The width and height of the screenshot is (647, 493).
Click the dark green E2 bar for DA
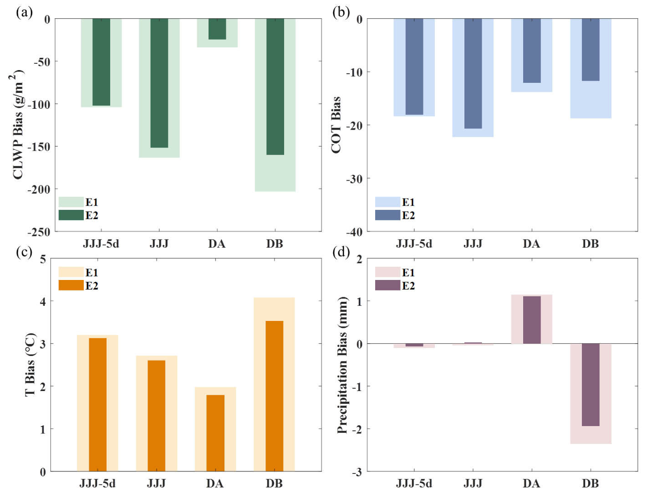pos(217,29)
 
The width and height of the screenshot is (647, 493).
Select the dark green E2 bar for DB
pos(275,86)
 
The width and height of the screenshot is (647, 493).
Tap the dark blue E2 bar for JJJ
pos(473,74)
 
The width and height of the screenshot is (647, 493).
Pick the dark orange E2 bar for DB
pos(274,396)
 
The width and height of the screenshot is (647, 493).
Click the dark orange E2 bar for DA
pos(215,433)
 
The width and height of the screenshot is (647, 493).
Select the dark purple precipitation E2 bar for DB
pos(591,385)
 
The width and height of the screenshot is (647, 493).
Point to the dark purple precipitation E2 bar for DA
pos(532,320)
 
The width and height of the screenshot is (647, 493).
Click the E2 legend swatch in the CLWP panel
pos(71,215)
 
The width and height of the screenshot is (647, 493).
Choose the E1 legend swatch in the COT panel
pos(387,202)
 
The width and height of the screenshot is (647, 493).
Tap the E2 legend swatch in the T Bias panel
pos(71,285)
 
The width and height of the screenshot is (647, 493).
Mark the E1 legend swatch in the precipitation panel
pos(387,272)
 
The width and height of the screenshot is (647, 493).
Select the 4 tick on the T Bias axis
pos(43,301)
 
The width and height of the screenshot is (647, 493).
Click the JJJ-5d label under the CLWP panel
pos(101,244)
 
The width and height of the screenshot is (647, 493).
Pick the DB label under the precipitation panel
pos(590,483)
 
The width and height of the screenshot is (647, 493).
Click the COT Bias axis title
pos(336,125)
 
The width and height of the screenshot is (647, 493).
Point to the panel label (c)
pos(24,252)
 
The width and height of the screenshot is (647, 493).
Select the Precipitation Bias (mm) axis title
pos(342,365)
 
